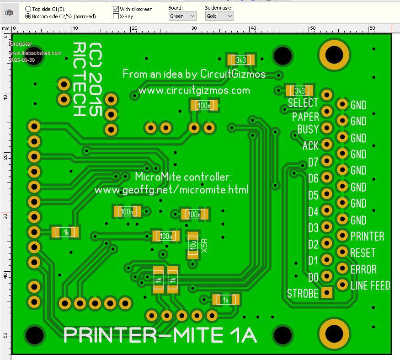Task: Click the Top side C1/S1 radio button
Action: [x=28, y=9]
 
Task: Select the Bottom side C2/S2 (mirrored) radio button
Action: [x=28, y=16]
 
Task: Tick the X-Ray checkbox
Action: [x=116, y=16]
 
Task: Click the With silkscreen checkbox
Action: [x=116, y=9]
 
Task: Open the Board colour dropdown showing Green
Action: [x=182, y=16]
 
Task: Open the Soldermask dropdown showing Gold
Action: [x=219, y=16]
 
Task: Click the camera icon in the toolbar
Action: [x=9, y=13]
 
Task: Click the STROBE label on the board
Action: [x=302, y=293]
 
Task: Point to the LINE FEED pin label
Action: [x=370, y=285]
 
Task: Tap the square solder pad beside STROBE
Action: [x=327, y=292]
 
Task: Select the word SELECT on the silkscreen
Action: [x=303, y=103]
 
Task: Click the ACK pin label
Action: [x=310, y=146]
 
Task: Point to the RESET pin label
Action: [x=363, y=253]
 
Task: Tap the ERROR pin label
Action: [x=363, y=269]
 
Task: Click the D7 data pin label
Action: [x=313, y=162]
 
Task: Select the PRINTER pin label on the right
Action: [x=367, y=236]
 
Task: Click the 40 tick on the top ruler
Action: [x=252, y=29]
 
